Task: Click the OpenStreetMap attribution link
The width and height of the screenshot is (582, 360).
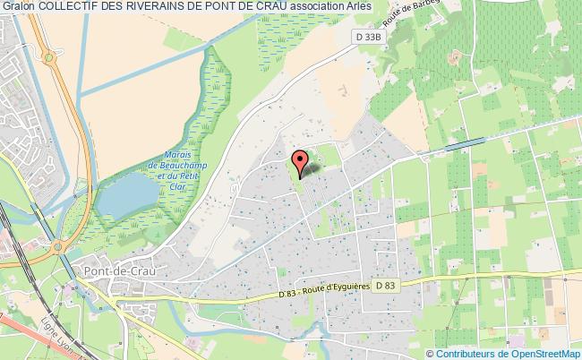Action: tap(543, 352)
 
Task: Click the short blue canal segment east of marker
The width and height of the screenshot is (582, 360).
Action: tap(463, 142)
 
